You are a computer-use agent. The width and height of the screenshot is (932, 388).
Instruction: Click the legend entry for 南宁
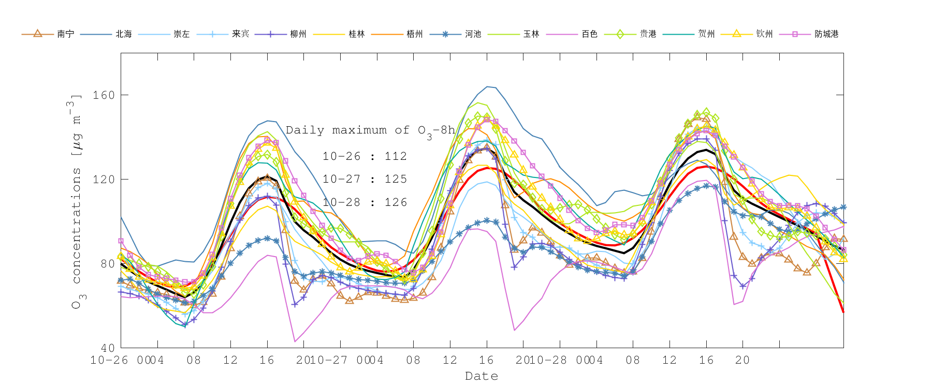[x=65, y=34]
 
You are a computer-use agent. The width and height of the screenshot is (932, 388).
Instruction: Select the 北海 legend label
[x=124, y=34]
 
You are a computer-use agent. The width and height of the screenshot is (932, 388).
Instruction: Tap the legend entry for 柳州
[x=298, y=34]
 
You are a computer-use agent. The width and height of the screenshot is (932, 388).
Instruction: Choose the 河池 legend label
[x=473, y=34]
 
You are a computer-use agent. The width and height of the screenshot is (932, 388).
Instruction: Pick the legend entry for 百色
[x=589, y=34]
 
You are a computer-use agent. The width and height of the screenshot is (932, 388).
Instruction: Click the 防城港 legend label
[x=826, y=34]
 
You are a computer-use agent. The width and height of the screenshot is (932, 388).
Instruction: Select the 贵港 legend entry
[x=648, y=34]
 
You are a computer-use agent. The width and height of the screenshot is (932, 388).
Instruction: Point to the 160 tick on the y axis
[x=104, y=95]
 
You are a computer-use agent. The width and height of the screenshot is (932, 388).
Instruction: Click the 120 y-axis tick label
[x=104, y=180]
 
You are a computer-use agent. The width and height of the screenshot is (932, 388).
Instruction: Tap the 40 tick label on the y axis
[x=107, y=348]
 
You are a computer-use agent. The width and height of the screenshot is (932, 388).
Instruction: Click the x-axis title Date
[x=482, y=376]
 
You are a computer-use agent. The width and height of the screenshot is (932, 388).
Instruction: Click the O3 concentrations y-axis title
[x=76, y=202]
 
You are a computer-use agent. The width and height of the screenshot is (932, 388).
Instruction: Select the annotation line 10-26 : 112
[x=365, y=156]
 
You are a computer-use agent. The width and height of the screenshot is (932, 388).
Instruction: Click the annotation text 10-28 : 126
[x=365, y=202]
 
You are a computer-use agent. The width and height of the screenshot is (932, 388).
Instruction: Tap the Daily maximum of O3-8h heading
[x=370, y=131]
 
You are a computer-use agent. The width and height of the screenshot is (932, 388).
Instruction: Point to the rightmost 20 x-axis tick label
[x=742, y=360]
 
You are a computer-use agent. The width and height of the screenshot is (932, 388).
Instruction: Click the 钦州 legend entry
[x=764, y=34]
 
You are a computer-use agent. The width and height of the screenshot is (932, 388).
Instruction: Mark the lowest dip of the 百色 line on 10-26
[x=295, y=341]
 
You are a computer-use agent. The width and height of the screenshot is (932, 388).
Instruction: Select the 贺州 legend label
[x=706, y=34]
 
